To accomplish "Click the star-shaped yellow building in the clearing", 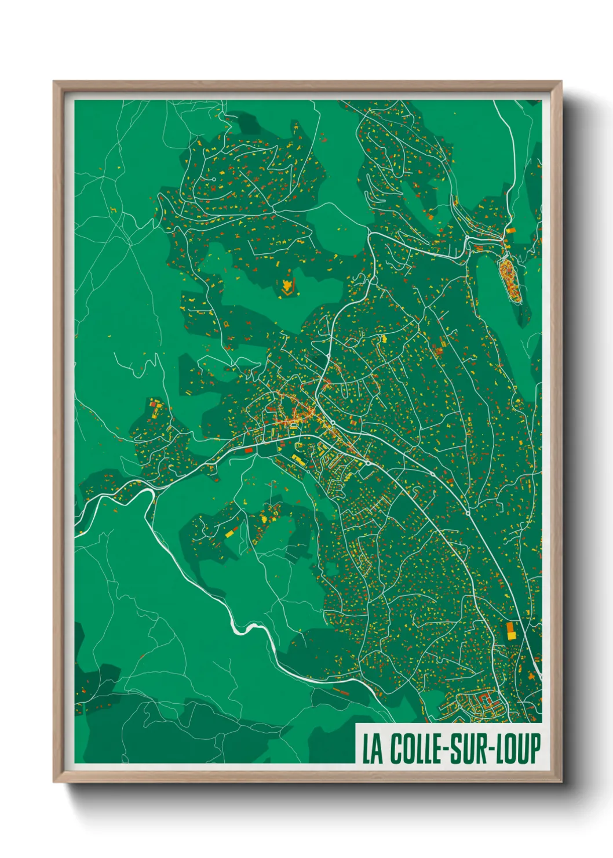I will tap(287, 286).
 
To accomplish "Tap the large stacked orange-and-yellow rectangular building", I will tap(511, 631).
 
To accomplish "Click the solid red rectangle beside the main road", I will tap(249, 449).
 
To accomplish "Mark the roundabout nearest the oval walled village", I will tap(467, 238).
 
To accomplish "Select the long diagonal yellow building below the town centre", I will tap(298, 460).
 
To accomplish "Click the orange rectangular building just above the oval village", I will tap(511, 230).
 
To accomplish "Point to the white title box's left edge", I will tap(355, 744).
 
